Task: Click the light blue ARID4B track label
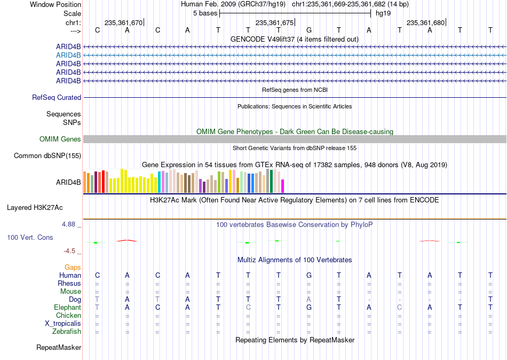pyautogui.click(x=68, y=56)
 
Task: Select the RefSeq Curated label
pyautogui.click(x=57, y=97)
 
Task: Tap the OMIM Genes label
pyautogui.click(x=60, y=139)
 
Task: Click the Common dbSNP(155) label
pyautogui.click(x=47, y=156)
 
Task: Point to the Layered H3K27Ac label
pyautogui.click(x=35, y=208)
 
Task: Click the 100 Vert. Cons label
pyautogui.click(x=30, y=237)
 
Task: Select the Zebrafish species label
pyautogui.click(x=67, y=332)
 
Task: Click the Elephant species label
pyautogui.click(x=67, y=308)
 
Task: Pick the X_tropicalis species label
pyautogui.click(x=63, y=324)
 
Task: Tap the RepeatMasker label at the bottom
pyautogui.click(x=59, y=347)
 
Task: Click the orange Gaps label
pyautogui.click(x=73, y=268)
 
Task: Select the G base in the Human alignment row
pyautogui.click(x=309, y=275)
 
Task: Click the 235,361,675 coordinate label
pyautogui.click(x=274, y=22)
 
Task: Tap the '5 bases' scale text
pyautogui.click(x=205, y=13)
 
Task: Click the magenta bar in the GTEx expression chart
pyautogui.click(x=283, y=186)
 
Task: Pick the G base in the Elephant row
pyautogui.click(x=309, y=307)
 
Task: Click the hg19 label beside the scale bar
pyautogui.click(x=383, y=13)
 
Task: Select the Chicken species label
pyautogui.click(x=68, y=315)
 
